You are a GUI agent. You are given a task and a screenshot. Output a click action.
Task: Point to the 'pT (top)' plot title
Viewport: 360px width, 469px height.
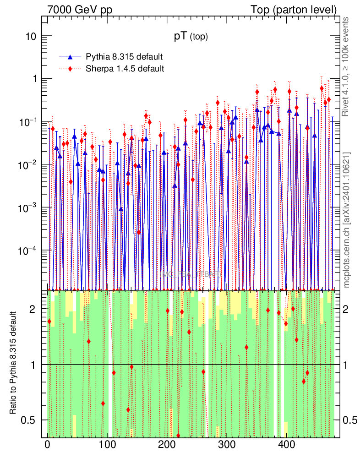tap(191, 37)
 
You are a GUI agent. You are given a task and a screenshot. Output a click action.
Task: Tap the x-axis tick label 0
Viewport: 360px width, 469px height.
tap(48, 444)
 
